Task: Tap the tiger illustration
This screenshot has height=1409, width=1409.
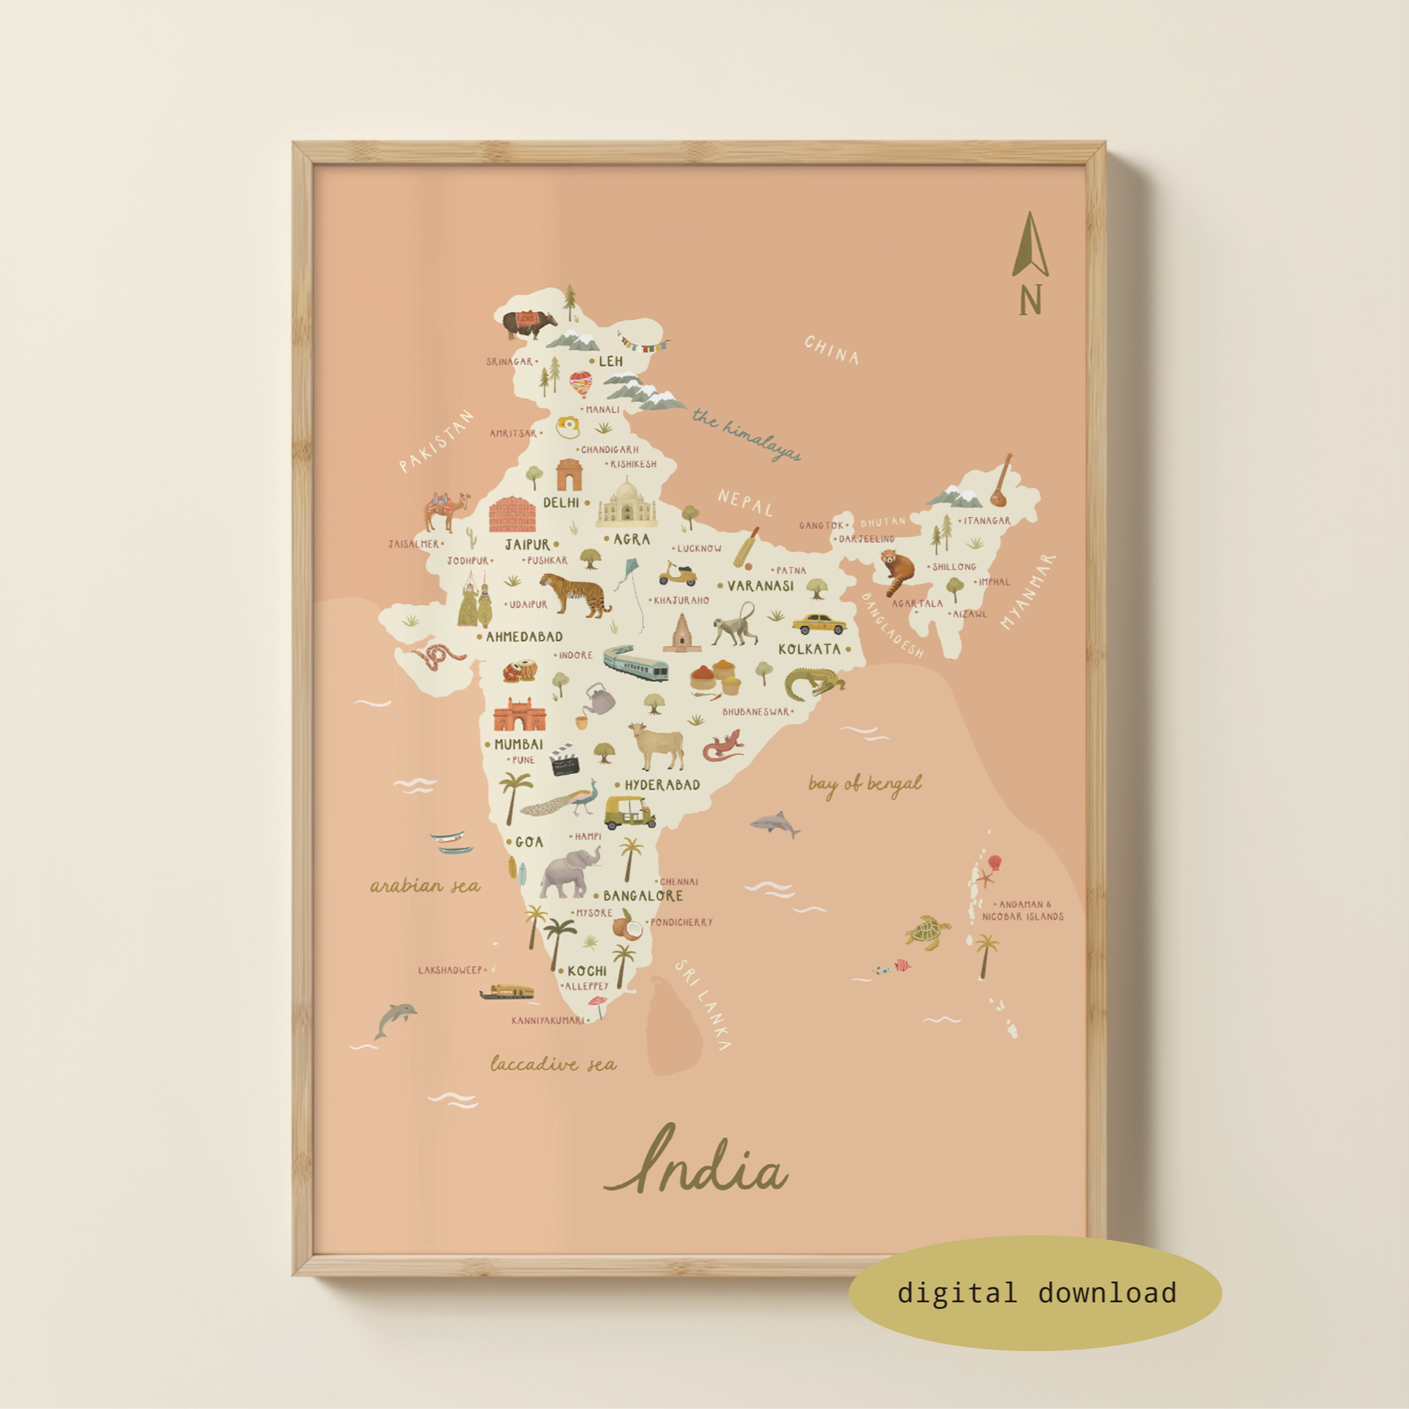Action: pyautogui.click(x=575, y=594)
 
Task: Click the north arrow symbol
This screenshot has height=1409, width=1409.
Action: pyautogui.click(x=1030, y=248)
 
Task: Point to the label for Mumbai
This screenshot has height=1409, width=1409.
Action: pyautogui.click(x=518, y=745)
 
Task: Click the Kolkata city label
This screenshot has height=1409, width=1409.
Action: pyautogui.click(x=809, y=649)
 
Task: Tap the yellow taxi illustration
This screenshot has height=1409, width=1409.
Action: pyautogui.click(x=818, y=624)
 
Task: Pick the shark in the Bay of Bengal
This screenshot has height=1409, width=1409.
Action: pyautogui.click(x=775, y=824)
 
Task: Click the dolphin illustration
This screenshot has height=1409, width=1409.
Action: pyautogui.click(x=395, y=1019)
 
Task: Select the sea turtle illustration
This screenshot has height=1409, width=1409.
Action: pyautogui.click(x=928, y=933)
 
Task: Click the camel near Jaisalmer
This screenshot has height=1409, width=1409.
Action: pyautogui.click(x=446, y=510)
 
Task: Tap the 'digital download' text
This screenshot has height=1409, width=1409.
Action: pyautogui.click(x=1036, y=1293)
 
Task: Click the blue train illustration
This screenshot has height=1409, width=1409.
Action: pyautogui.click(x=636, y=663)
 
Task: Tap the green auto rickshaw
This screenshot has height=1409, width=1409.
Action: pyautogui.click(x=630, y=812)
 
